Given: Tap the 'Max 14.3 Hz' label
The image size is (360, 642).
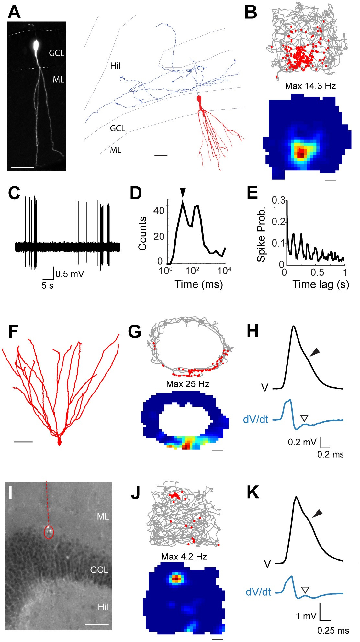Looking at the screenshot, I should pyautogui.click(x=310, y=86).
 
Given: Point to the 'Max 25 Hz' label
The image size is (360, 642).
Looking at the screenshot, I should pyautogui.click(x=187, y=384).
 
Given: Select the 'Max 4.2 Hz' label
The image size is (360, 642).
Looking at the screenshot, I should pyautogui.click(x=184, y=557).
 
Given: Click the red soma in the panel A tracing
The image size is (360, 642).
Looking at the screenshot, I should pyautogui.click(x=199, y=99).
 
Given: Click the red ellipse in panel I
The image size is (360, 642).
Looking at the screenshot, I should pyautogui.click(x=49, y=532).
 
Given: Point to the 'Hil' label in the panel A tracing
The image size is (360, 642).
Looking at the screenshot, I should pyautogui.click(x=115, y=66).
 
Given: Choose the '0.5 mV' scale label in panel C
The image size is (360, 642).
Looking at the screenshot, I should pyautogui.click(x=70, y=274).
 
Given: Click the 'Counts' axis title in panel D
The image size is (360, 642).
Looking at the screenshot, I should pyautogui.click(x=142, y=234).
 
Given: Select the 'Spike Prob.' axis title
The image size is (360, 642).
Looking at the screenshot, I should pyautogui.click(x=261, y=234).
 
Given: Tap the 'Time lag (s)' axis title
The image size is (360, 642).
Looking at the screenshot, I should pyautogui.click(x=321, y=284).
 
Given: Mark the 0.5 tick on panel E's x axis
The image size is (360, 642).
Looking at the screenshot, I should pyautogui.click(x=317, y=272).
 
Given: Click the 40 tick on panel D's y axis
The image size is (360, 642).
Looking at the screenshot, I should pyautogui.click(x=159, y=211).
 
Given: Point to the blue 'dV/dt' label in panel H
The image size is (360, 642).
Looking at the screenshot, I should pyautogui.click(x=256, y=419).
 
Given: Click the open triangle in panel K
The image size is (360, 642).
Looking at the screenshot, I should pyautogui.click(x=305, y=589).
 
